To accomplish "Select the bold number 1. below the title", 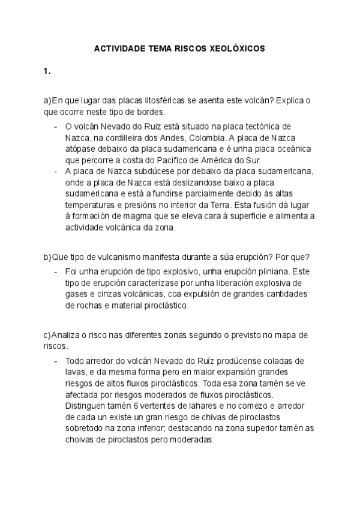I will (47, 71).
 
